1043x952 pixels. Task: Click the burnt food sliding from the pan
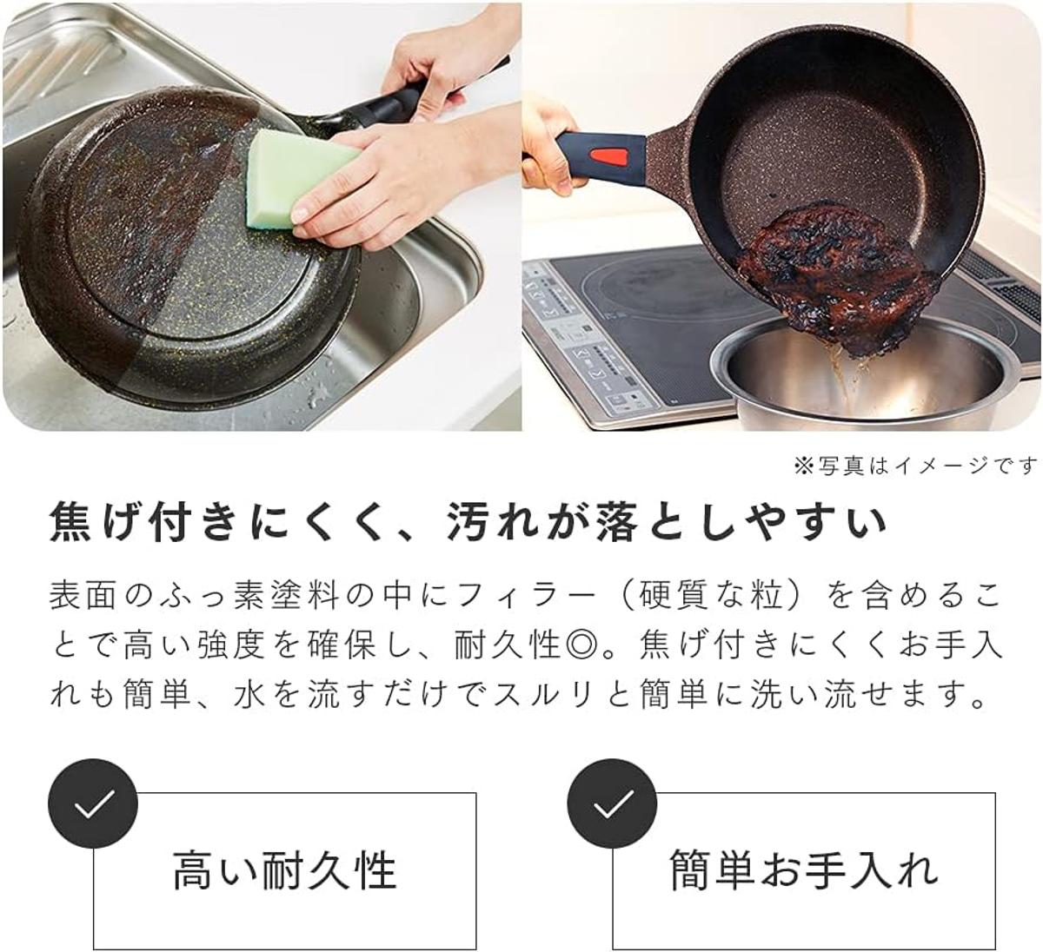(836, 280)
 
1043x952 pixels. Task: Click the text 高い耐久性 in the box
(285, 869)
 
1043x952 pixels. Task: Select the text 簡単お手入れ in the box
(804, 869)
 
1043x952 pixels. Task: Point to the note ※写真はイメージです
(915, 466)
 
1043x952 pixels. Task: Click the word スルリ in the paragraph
(544, 695)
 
